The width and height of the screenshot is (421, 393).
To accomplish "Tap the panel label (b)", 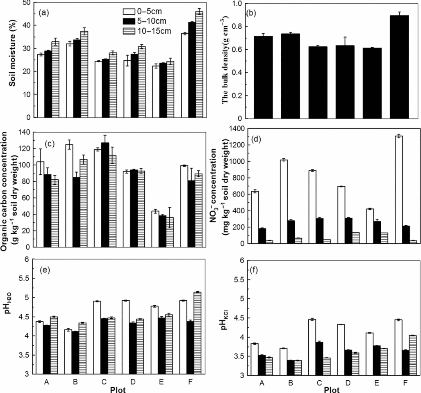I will (251, 12).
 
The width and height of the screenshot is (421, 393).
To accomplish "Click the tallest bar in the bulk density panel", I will (370, 67).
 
